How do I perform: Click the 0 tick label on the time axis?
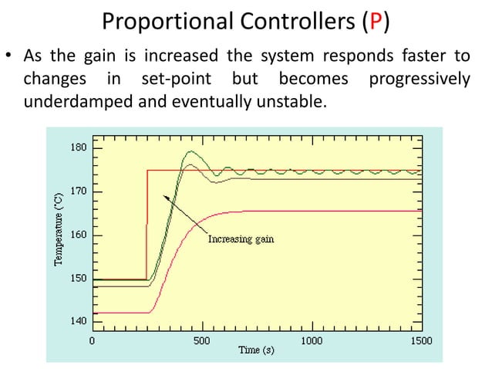[x=93, y=340]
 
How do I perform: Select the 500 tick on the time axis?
[x=201, y=340]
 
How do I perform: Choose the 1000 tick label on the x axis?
[x=312, y=340]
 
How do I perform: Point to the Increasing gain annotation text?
[x=241, y=239]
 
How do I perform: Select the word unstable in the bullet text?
[x=295, y=101]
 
